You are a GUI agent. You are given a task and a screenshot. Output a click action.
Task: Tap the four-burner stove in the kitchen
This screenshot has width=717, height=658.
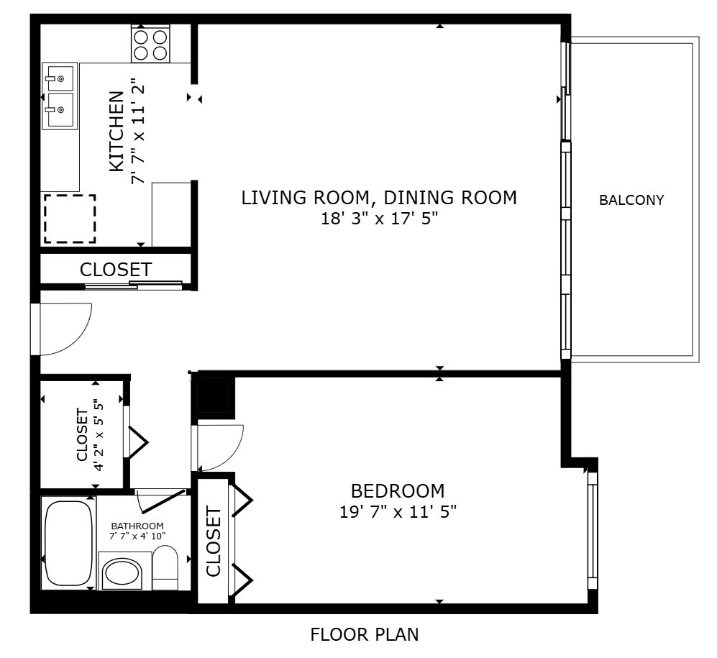[x=150, y=43]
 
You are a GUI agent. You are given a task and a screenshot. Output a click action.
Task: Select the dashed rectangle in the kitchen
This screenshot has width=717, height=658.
[x=70, y=219]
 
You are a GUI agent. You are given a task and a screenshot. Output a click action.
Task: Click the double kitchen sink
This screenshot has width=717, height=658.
[x=60, y=96]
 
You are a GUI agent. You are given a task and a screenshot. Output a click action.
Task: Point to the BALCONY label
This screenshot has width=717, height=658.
[x=631, y=201]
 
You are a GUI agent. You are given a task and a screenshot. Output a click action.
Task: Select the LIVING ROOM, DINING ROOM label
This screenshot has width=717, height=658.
[x=379, y=197]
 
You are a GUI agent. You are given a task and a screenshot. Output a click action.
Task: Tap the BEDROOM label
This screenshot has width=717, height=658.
[x=397, y=491]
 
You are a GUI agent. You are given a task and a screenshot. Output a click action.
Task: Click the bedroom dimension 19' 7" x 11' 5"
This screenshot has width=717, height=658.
[x=398, y=512]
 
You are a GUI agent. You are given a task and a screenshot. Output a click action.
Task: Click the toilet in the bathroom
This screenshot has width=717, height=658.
[x=165, y=567]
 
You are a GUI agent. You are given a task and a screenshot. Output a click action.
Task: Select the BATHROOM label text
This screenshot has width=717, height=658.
[x=137, y=526]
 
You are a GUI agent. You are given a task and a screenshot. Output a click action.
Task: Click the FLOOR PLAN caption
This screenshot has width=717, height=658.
[x=364, y=635]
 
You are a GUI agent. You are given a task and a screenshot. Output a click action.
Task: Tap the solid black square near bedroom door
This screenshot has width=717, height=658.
[x=214, y=396]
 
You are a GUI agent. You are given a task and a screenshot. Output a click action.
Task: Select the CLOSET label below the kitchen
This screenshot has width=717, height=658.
[x=116, y=270]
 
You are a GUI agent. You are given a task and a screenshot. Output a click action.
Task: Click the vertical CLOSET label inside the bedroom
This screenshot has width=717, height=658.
[x=214, y=541]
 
